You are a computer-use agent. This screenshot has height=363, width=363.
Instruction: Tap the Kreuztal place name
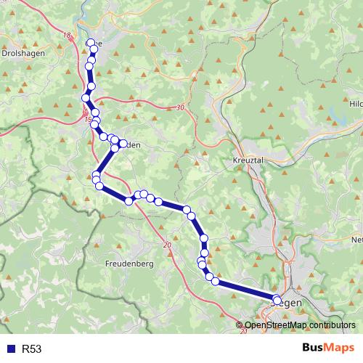(x=247, y=160)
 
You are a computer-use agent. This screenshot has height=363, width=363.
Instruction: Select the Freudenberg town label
(x=129, y=264)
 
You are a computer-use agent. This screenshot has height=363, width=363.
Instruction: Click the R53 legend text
(x=33, y=349)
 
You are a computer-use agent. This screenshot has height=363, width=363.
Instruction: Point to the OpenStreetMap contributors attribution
(x=299, y=325)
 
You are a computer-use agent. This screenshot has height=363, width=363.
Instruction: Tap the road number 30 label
(x=180, y=108)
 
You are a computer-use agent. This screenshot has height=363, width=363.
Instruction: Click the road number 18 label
(x=68, y=35)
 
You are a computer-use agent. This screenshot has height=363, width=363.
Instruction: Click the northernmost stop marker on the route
(x=91, y=43)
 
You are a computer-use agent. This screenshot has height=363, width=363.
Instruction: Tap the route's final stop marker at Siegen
(x=277, y=299)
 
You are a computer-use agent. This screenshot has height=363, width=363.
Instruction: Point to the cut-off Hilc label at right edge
(x=356, y=104)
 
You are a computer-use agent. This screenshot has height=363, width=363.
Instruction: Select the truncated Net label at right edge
(x=356, y=240)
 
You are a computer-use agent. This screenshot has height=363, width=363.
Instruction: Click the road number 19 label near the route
(x=89, y=119)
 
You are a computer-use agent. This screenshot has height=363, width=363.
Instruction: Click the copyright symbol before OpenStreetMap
(x=240, y=325)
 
